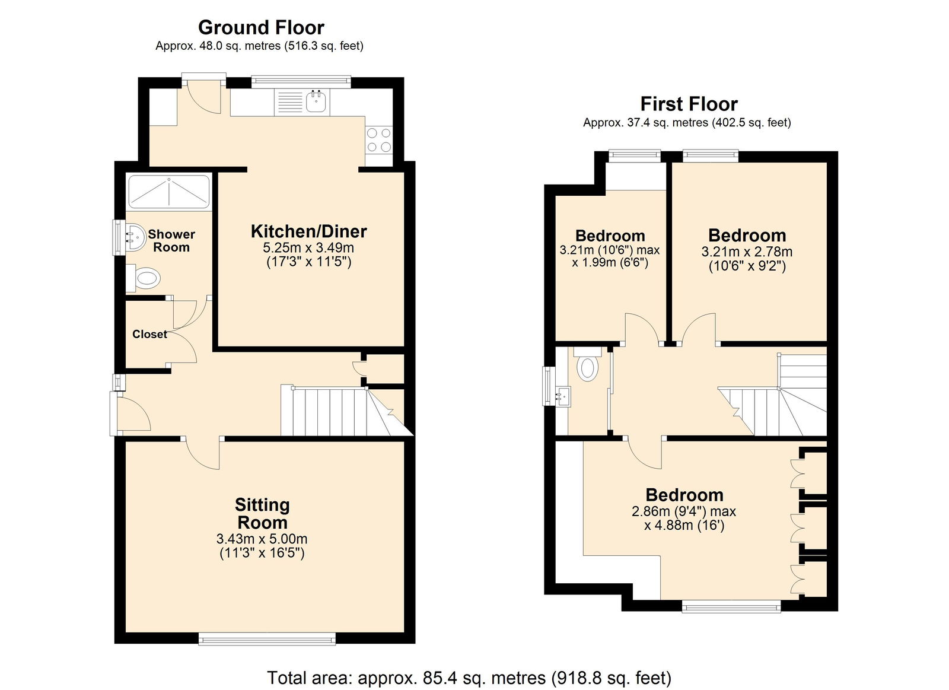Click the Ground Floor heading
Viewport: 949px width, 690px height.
pyautogui.click(x=261, y=28)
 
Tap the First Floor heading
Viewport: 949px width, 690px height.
pyautogui.click(x=689, y=104)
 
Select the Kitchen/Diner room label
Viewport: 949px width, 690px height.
pyautogui.click(x=309, y=231)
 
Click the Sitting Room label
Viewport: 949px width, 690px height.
pyautogui.click(x=262, y=513)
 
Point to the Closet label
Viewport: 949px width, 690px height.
pyautogui.click(x=149, y=335)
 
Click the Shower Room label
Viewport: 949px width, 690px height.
pyautogui.click(x=171, y=240)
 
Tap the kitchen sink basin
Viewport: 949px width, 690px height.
pyautogui.click(x=316, y=101)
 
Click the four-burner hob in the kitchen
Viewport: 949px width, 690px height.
pyautogui.click(x=379, y=140)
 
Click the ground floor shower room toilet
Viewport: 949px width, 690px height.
pyautogui.click(x=143, y=279)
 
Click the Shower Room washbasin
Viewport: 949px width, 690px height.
pyautogui.click(x=136, y=238)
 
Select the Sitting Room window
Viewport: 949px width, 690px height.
pyautogui.click(x=267, y=639)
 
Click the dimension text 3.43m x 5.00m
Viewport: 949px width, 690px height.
pyautogui.click(x=262, y=539)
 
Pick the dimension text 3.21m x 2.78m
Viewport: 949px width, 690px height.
pyautogui.click(x=747, y=252)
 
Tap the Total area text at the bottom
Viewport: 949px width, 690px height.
pyautogui.click(x=469, y=678)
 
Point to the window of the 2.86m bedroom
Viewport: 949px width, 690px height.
pyautogui.click(x=731, y=608)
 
